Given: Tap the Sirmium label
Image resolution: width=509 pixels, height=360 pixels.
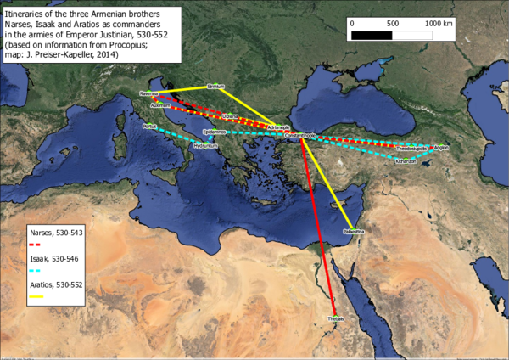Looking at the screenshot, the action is tap(216, 87).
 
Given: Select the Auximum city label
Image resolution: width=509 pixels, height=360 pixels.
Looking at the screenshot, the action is tap(160, 106).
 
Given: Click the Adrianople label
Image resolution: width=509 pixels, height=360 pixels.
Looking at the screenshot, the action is tap(277, 127).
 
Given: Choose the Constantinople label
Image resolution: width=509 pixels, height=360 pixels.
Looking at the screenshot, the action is tap(299, 136).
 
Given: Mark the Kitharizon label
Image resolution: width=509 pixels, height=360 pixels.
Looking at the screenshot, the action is tap(406, 160).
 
